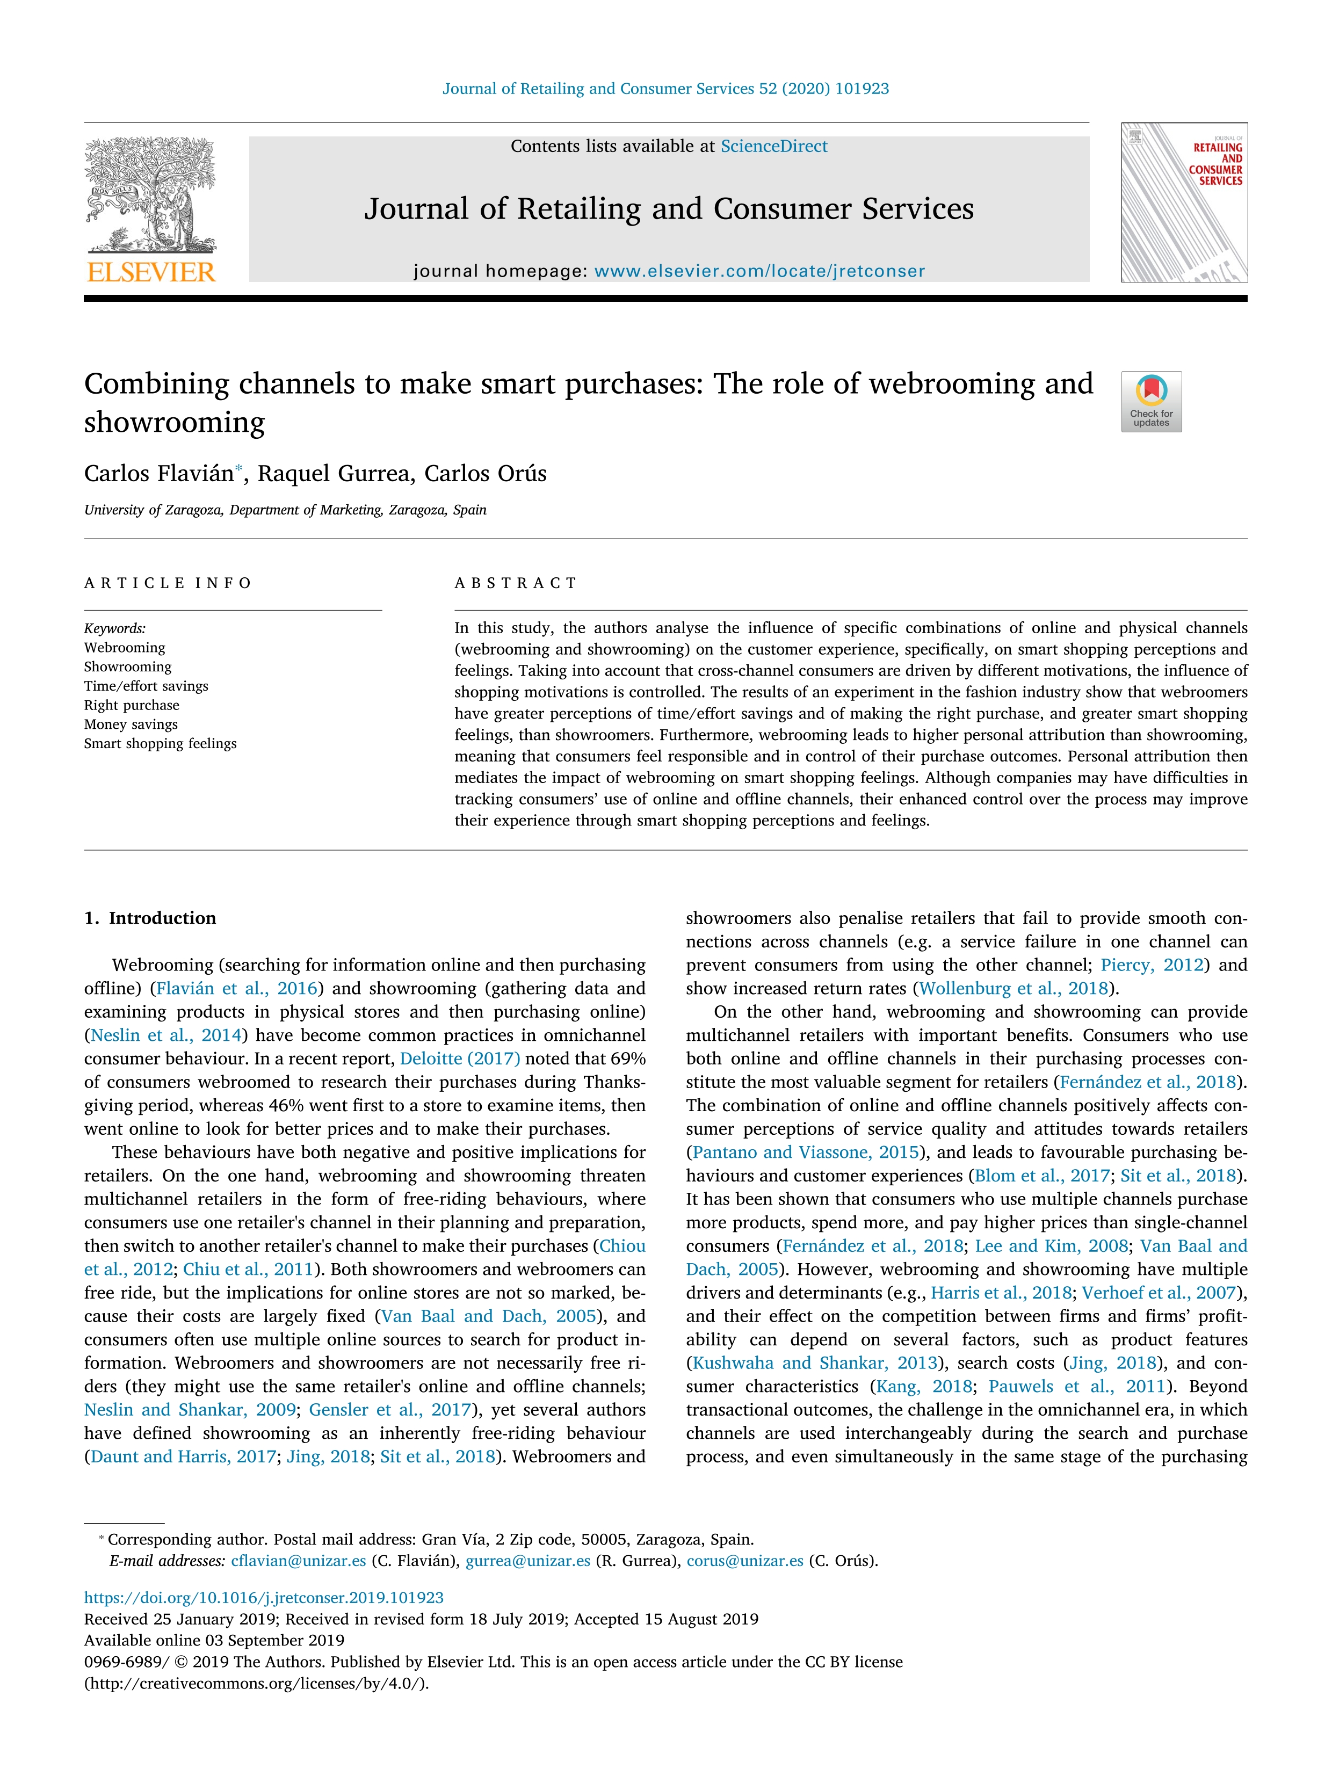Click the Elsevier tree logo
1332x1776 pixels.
click(x=150, y=195)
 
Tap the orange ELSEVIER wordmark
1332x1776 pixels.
click(x=151, y=272)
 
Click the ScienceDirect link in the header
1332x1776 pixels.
click(x=773, y=146)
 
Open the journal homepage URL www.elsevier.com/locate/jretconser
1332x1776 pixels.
click(x=759, y=271)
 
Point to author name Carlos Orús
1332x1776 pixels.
click(x=485, y=474)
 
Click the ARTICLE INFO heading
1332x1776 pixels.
click(x=168, y=583)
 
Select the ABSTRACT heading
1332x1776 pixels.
click(x=516, y=583)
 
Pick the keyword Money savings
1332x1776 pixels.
click(x=131, y=724)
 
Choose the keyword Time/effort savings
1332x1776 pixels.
click(x=146, y=686)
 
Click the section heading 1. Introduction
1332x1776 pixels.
click(x=150, y=918)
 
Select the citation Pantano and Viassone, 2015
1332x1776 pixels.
click(x=805, y=1152)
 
